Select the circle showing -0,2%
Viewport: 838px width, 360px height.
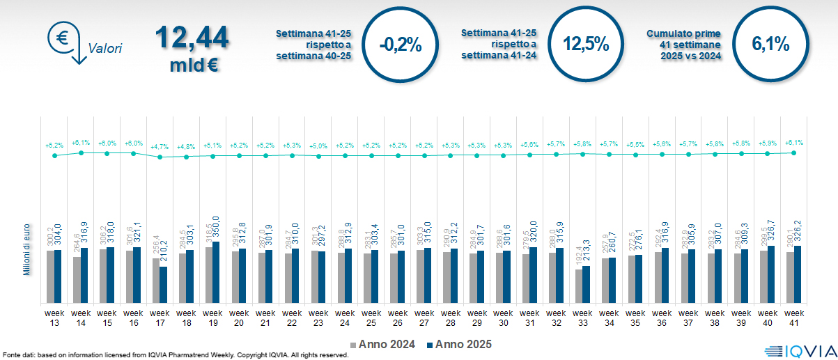[x=401, y=45]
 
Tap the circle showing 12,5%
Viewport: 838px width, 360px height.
[x=586, y=45]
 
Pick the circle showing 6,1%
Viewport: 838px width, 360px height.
[x=770, y=45]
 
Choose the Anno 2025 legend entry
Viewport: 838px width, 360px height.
[x=459, y=344]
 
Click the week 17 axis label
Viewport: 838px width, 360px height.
[x=160, y=317]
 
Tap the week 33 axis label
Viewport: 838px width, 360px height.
[x=583, y=317]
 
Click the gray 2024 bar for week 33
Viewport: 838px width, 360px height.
[x=579, y=285]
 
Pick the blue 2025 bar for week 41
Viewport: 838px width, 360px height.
[x=798, y=274]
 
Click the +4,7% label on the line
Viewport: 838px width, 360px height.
[x=160, y=147]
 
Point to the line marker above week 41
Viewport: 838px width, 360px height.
[x=794, y=152]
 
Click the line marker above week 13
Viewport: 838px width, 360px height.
[x=54, y=155]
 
